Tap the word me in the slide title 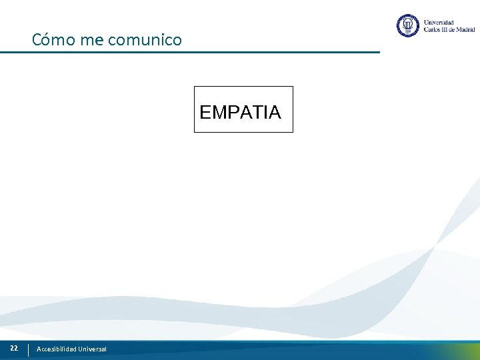click(91, 40)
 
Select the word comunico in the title click(144, 40)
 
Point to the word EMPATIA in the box click(240, 112)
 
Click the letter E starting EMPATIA click(205, 112)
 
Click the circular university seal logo click(407, 26)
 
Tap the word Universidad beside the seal click(439, 23)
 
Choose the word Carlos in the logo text click(433, 30)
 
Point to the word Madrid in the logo click(464, 30)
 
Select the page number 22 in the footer click(13, 348)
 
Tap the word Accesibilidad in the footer click(57, 349)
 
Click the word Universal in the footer click(92, 349)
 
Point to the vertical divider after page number click(28, 349)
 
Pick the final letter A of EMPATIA click(275, 112)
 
